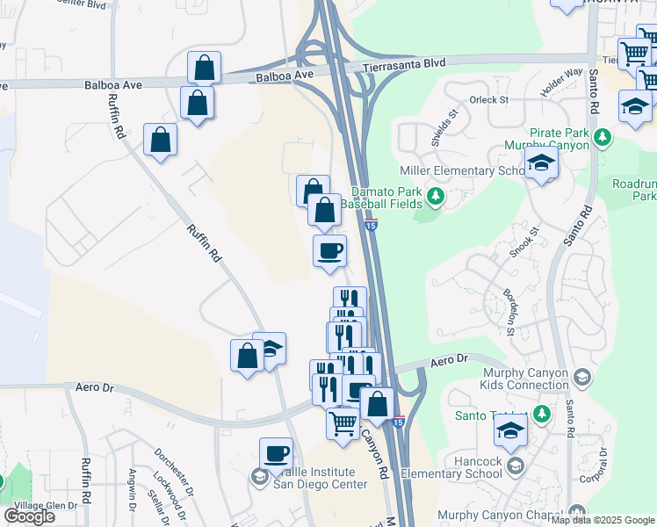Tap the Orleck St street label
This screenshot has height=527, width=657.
tap(489, 99)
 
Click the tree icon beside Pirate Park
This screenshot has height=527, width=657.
tap(603, 137)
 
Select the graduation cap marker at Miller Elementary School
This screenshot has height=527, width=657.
tap(541, 162)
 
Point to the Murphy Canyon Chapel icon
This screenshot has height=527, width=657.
tap(576, 512)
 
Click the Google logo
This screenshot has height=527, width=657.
tap(29, 516)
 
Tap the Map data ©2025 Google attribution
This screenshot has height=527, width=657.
tap(603, 520)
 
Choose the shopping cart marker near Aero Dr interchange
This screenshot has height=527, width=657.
tap(342, 422)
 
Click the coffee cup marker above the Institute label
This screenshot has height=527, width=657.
tap(276, 454)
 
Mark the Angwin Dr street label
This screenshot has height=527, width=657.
tap(132, 489)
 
